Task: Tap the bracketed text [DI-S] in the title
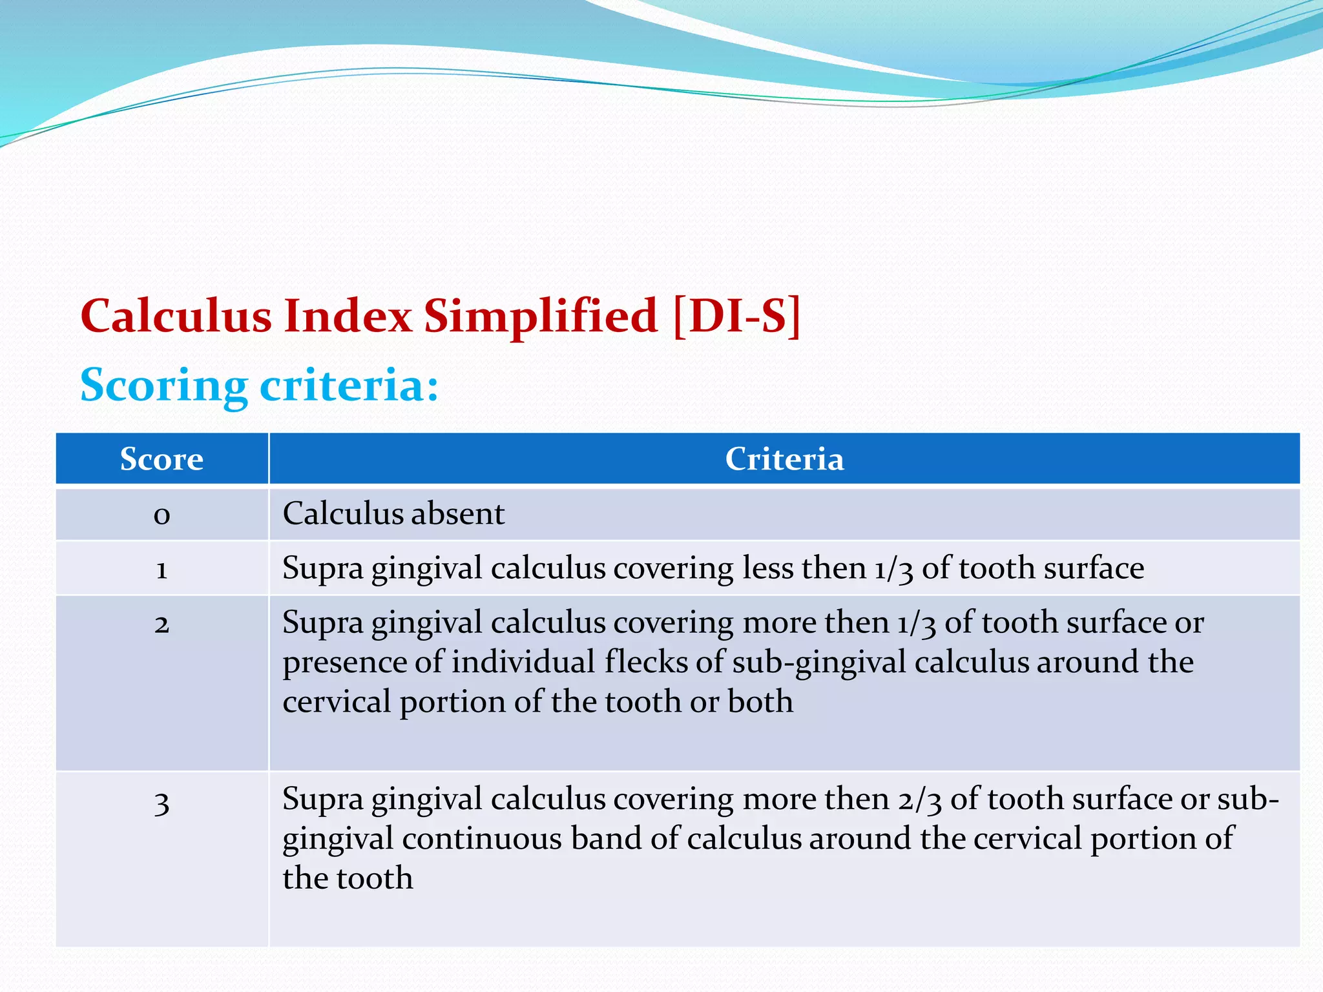(x=736, y=316)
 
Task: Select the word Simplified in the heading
(x=541, y=316)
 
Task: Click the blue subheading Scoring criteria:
(x=259, y=385)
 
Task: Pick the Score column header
(x=161, y=459)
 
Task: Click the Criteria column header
(x=784, y=459)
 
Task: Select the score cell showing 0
(x=161, y=515)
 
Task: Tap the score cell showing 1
(x=161, y=569)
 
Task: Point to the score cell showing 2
(x=161, y=624)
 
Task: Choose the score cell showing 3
(x=161, y=803)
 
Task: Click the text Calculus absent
(x=393, y=514)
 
